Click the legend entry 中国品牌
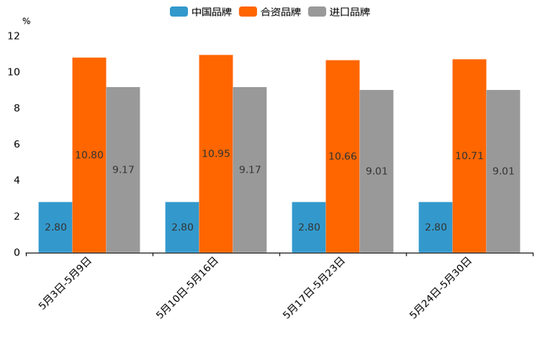coord(202,12)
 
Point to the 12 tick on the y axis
coord(14,36)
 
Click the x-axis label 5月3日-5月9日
coord(65,283)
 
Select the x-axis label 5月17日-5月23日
coord(314,288)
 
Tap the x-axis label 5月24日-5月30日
coord(441,288)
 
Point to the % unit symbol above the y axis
coord(26,21)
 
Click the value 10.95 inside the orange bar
coord(216,154)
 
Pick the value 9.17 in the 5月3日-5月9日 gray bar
coord(123,170)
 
